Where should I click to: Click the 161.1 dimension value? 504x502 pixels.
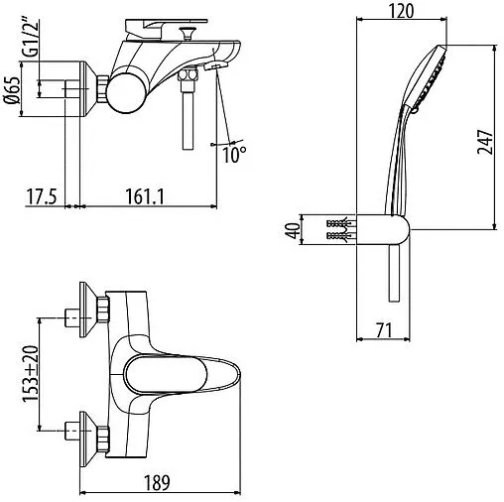(145, 196)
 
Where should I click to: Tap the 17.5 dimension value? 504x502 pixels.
(42, 196)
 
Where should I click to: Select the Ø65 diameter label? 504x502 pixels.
(13, 91)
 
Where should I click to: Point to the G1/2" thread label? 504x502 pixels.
(31, 39)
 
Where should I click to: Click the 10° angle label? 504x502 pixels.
(234, 155)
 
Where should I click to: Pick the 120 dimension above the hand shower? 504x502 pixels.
(401, 11)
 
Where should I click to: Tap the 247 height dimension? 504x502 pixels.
(485, 142)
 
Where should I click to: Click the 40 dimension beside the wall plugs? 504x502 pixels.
(293, 230)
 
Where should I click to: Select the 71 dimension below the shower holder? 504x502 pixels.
(384, 329)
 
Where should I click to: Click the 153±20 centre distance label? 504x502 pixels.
(31, 374)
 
